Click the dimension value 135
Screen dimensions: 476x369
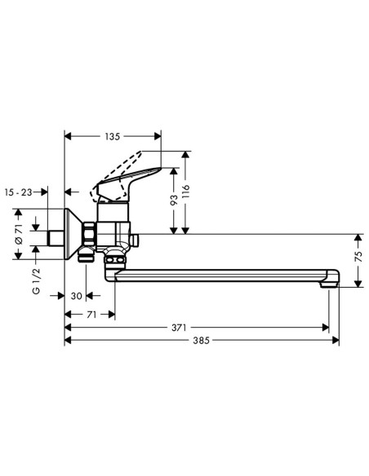click(113, 137)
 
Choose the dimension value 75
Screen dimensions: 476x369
click(358, 260)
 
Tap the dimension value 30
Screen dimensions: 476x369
click(77, 297)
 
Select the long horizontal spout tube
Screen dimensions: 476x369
click(220, 275)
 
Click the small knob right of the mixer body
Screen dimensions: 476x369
click(136, 239)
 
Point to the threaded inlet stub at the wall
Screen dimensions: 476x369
click(56, 238)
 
